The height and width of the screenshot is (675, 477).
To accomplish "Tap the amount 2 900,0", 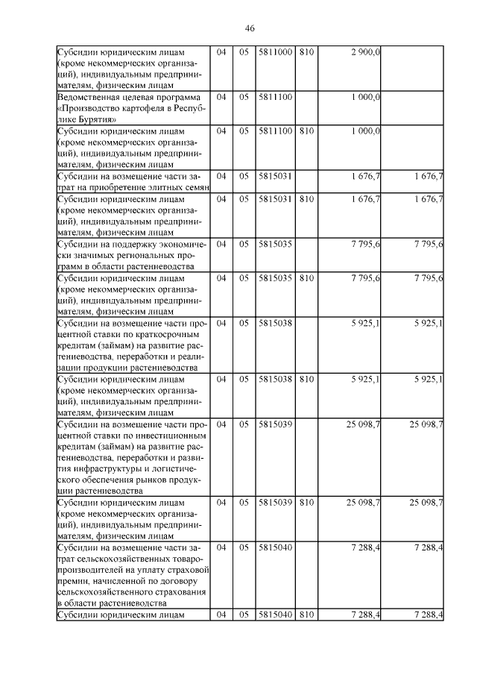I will coord(365,52).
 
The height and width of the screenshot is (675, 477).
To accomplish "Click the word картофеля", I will coord(136,108).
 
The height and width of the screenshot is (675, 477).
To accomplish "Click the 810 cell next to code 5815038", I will coord(306,379).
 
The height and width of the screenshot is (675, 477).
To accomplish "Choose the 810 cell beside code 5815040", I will coord(306,615).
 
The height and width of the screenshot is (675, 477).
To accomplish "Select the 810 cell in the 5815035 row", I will coord(306,277).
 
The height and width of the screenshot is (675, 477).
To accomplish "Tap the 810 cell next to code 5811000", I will coord(306,52).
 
